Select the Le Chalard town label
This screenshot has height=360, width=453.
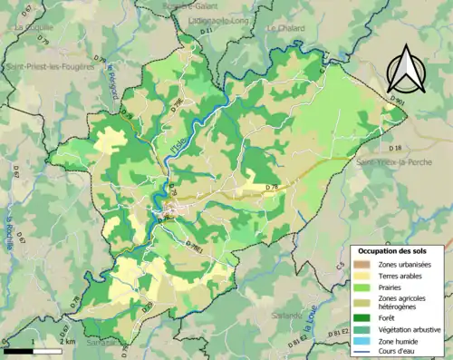tap(284, 28)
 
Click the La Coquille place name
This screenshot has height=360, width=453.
tap(31, 28)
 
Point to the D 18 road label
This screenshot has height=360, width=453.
tap(395, 146)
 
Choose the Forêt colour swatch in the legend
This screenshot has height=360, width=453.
tap(361, 316)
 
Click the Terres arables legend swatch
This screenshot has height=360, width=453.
tap(361, 273)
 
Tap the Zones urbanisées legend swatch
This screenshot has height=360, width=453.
tap(361, 262)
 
